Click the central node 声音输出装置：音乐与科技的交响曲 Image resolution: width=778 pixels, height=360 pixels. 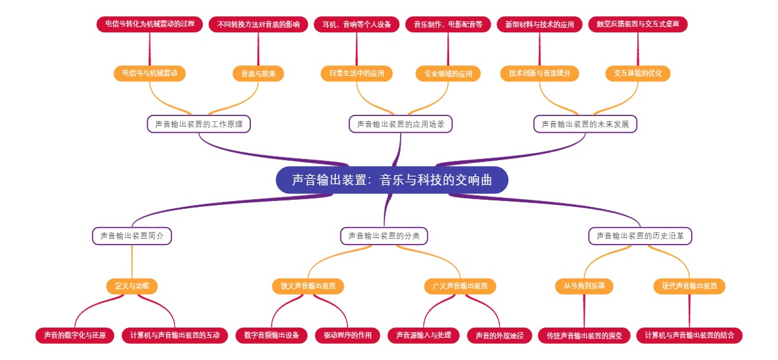392,180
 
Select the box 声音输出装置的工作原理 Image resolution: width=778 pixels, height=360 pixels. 199,124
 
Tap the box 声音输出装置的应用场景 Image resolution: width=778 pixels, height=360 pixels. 401,124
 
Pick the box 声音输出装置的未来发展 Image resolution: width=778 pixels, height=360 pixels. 585,124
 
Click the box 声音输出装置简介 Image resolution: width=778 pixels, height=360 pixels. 132,236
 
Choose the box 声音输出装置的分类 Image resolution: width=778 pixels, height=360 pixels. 384,236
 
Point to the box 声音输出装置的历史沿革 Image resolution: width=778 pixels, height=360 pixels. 640,236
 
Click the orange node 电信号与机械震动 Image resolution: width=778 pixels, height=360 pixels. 150,73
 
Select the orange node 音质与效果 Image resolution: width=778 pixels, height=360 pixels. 259,73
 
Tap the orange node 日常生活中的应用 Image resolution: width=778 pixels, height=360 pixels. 357,73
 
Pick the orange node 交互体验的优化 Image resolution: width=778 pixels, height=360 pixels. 638,73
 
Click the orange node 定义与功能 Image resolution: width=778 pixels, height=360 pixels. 132,286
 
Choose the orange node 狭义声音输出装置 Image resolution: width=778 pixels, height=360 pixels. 308,286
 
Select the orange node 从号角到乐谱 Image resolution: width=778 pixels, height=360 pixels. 584,286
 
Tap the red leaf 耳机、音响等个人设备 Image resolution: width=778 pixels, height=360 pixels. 357,25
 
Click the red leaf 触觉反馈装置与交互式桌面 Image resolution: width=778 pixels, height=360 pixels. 638,25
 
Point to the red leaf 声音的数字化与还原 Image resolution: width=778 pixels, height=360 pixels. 75,335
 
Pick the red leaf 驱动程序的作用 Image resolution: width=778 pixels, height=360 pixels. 348,335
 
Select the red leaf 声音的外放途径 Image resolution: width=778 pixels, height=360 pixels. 499,335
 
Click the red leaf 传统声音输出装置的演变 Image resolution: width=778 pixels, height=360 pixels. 584,335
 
